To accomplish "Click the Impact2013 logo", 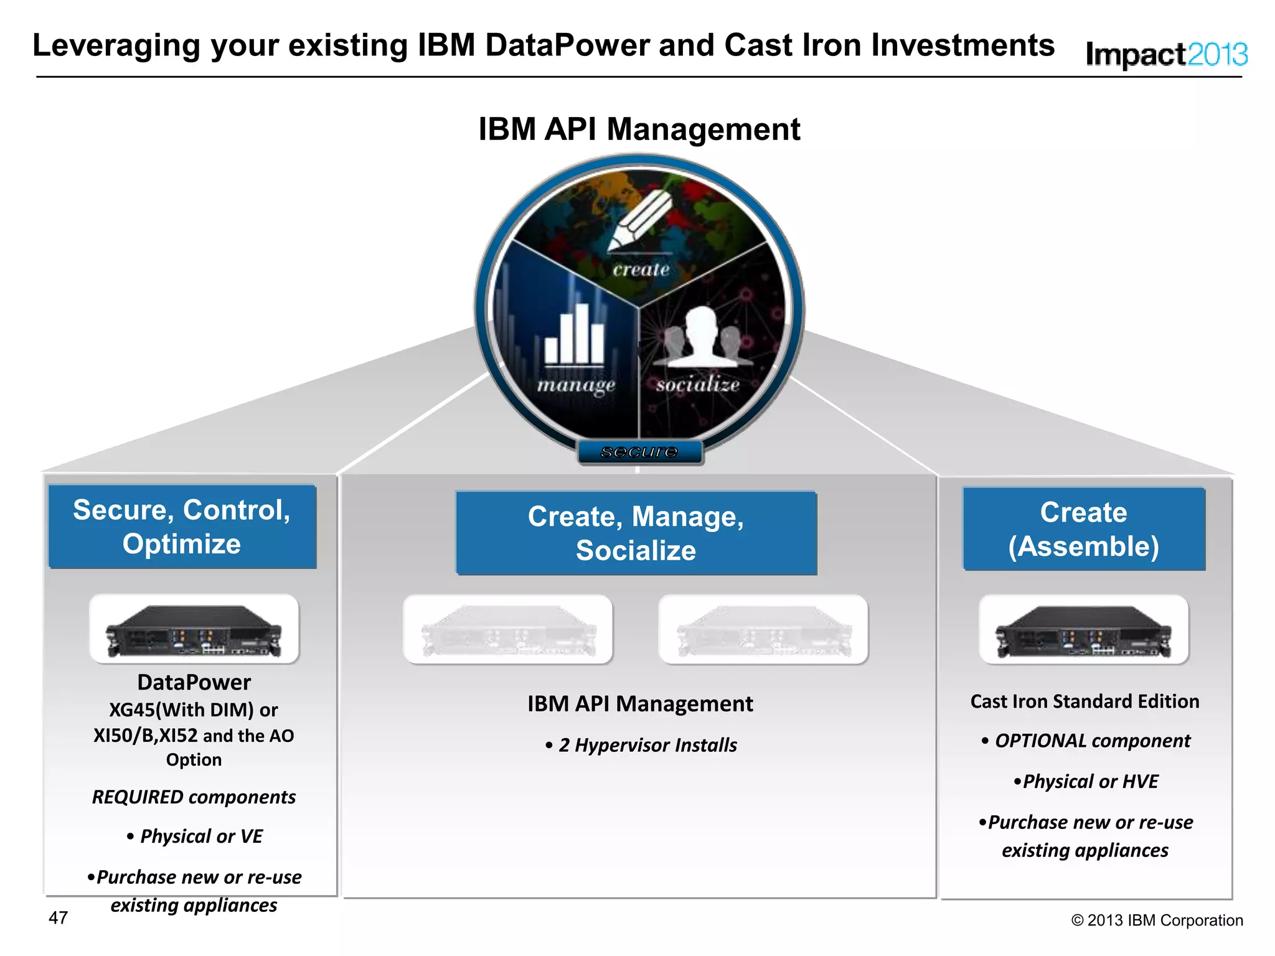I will pyautogui.click(x=1166, y=55).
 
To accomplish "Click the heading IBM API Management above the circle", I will pyautogui.click(x=639, y=129).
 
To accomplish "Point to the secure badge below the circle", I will pyautogui.click(x=640, y=452).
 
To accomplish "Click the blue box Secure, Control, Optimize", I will pyautogui.click(x=182, y=527).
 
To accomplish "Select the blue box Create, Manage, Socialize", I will pyautogui.click(x=636, y=533).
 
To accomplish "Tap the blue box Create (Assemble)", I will pyautogui.click(x=1084, y=529).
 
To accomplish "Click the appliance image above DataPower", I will pyautogui.click(x=194, y=629).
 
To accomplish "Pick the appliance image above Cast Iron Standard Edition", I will pyautogui.click(x=1084, y=630).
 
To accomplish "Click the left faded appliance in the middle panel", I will pyautogui.click(x=508, y=630).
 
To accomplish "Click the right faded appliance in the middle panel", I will pyautogui.click(x=763, y=630).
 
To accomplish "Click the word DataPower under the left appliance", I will pyautogui.click(x=194, y=682).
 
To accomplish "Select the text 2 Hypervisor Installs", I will pyautogui.click(x=647, y=745).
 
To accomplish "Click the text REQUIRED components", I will pyautogui.click(x=194, y=797).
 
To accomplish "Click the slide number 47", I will pyautogui.click(x=58, y=917).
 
